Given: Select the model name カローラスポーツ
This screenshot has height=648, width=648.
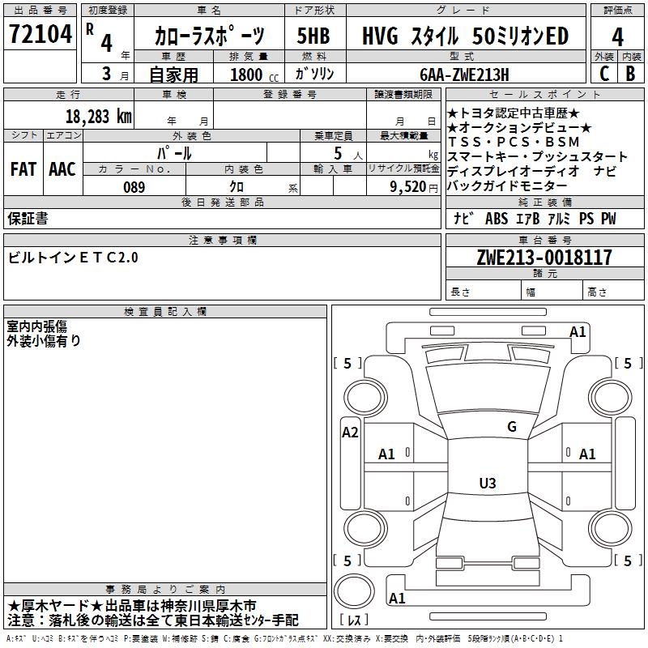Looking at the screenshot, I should coord(209,37).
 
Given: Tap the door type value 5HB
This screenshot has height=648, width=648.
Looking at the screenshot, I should coord(313,37).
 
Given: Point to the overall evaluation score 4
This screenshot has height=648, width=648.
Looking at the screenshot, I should coord(618,37).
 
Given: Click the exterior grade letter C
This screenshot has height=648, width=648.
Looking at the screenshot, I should coord(603,74).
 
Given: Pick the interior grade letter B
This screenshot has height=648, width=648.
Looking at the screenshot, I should coord(631,74).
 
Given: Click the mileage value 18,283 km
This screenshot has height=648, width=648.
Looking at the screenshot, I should coord(98,116).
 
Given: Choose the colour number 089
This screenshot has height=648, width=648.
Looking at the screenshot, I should coord(134,187).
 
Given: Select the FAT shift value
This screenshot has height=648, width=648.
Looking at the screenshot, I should coord(23,169).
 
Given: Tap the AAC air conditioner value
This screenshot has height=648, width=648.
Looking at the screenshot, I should coord(62,169).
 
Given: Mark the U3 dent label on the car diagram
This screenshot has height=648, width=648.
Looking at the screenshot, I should coord(487,484).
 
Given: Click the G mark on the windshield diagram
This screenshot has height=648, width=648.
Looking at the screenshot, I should coord(511,427).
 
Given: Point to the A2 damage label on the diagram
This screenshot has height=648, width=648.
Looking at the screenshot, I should coord(350,433).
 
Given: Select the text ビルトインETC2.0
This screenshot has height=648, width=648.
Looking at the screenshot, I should coord(74,258).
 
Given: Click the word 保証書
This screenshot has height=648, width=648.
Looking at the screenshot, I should coord(28,218).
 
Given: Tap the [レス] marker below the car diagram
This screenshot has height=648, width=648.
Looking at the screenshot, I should coord(354,620).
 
